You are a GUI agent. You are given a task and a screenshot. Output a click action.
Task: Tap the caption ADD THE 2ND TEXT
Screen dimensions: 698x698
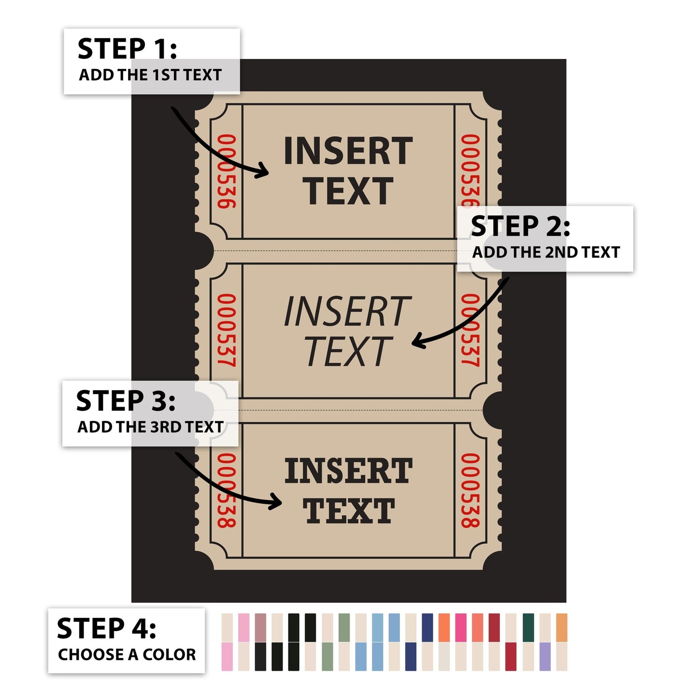[x=546, y=253]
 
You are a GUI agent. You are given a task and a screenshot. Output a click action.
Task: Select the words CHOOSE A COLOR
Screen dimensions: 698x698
[x=127, y=655]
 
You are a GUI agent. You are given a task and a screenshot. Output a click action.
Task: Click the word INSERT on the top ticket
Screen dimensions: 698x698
[x=348, y=151]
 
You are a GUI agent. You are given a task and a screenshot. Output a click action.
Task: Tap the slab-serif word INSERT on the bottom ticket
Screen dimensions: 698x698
[x=348, y=470]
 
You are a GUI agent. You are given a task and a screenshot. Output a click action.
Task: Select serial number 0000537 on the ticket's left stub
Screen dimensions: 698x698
[x=227, y=330]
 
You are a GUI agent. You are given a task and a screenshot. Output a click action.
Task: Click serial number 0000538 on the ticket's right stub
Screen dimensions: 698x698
[x=470, y=490]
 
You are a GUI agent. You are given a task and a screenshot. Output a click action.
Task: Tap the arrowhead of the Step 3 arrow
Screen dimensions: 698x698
[x=275, y=502]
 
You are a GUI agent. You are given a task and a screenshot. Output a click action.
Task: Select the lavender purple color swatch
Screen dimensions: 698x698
[x=545, y=657]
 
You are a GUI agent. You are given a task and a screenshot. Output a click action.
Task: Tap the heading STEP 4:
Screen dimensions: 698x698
[x=106, y=628]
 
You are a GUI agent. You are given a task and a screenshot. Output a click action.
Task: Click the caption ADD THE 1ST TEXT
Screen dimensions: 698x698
[x=150, y=75]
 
